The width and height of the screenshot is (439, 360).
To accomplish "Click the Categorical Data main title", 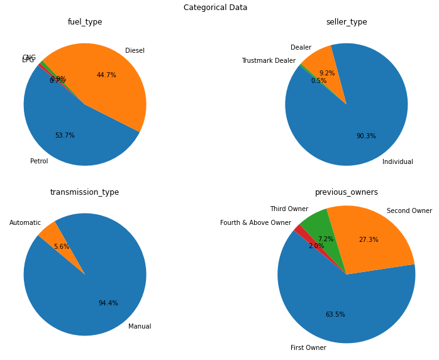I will (215, 8).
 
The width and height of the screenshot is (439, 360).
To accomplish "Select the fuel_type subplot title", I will (85, 22).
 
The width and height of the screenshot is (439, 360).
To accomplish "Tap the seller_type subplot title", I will (347, 22).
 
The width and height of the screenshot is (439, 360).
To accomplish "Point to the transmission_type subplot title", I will (85, 192).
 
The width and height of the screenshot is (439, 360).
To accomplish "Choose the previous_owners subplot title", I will (347, 192).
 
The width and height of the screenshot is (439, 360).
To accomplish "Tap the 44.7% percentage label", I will (106, 75).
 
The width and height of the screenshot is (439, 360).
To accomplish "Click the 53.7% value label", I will (65, 136).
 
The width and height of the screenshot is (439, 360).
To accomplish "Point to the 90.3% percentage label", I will (366, 136).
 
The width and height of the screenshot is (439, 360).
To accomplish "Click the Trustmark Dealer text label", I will (269, 61).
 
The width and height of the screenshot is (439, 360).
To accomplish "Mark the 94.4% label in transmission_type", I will (108, 303).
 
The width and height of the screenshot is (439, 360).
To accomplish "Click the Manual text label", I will (140, 327).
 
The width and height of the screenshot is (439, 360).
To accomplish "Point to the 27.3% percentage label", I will (369, 240).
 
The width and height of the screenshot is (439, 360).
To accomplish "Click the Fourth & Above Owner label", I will (255, 223).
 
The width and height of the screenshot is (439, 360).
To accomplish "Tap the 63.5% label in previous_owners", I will (335, 315).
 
